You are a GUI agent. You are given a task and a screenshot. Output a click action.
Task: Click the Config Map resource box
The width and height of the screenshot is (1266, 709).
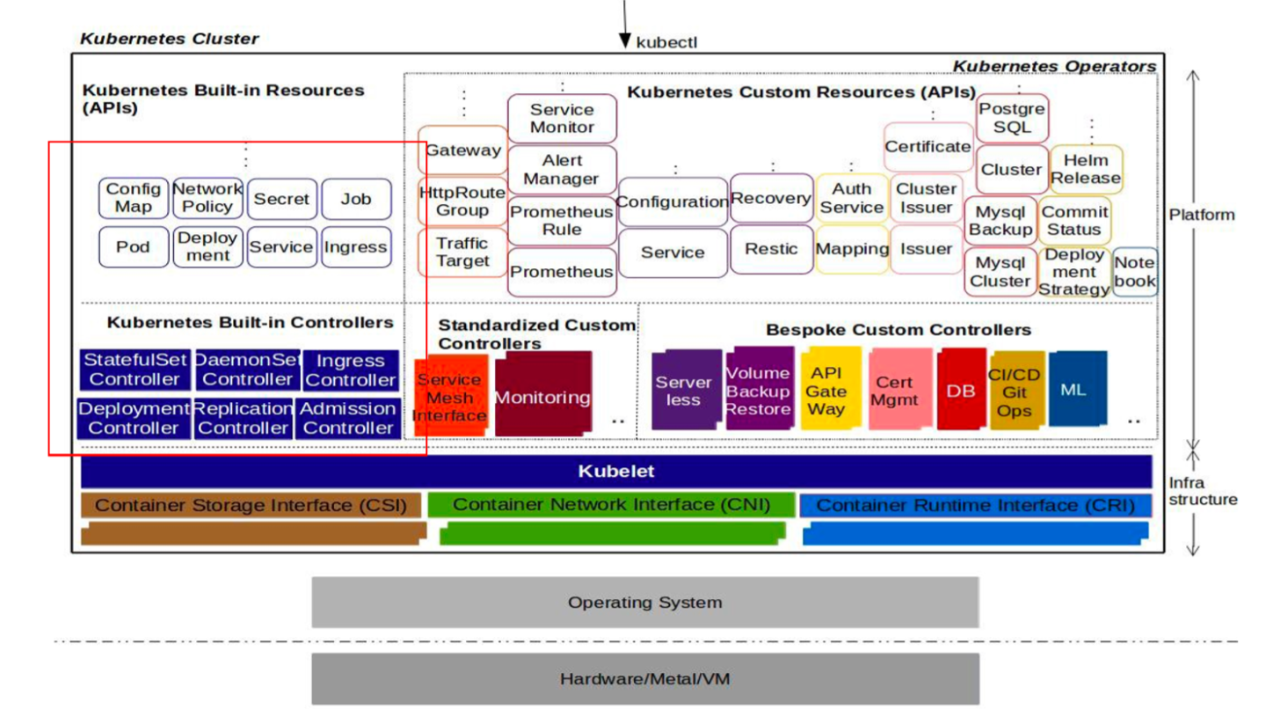click(133, 198)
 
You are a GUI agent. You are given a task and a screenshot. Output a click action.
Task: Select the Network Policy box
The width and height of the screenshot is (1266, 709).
click(207, 198)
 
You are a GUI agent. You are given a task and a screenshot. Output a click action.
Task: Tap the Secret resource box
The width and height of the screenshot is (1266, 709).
click(281, 199)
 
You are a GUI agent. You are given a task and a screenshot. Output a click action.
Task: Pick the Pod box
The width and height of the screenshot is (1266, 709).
click(133, 247)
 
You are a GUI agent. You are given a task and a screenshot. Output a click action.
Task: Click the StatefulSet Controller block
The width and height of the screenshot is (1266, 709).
click(135, 370)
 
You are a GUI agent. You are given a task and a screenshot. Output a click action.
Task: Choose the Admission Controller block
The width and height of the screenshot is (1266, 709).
click(349, 419)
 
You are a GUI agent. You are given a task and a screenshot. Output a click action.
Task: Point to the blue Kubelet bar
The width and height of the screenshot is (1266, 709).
click(615, 471)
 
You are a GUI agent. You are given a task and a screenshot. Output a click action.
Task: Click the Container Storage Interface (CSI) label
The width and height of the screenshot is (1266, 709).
click(251, 506)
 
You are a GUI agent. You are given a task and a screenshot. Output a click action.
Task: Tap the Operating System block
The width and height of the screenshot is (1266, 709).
click(644, 603)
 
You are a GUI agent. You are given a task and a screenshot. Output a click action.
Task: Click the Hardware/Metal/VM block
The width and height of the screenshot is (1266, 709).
click(644, 679)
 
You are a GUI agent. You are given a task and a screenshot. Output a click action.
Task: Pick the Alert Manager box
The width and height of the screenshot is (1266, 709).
click(561, 170)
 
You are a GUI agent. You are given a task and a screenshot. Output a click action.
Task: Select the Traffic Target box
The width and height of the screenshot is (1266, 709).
click(462, 252)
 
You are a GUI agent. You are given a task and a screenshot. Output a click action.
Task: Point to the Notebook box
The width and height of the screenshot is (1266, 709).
click(1135, 272)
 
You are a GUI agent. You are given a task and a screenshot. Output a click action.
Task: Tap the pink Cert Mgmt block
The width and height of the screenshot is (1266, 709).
click(895, 391)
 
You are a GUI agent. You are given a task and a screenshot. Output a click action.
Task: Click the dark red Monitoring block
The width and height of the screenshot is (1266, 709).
click(542, 397)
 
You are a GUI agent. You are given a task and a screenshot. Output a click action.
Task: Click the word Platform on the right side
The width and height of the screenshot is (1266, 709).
click(1202, 215)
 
